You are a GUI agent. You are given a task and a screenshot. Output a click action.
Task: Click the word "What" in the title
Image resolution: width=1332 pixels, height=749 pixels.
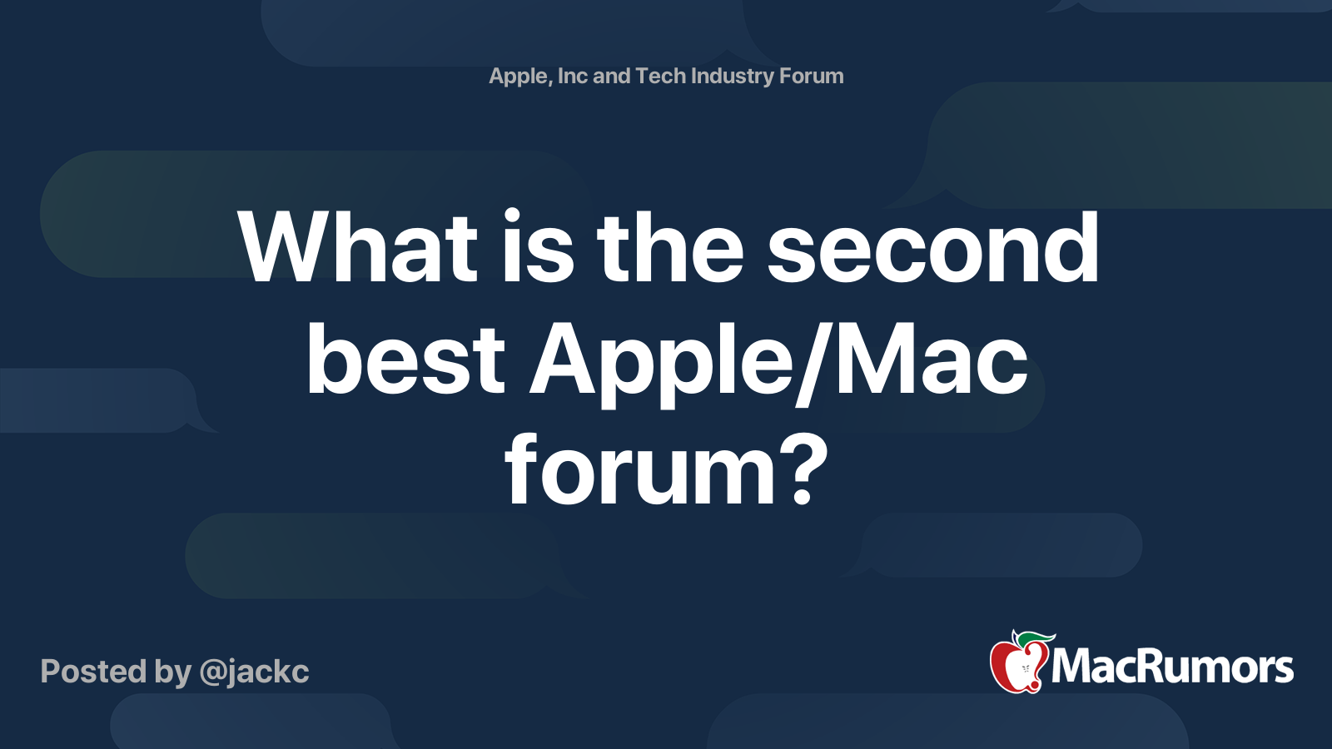(x=358, y=247)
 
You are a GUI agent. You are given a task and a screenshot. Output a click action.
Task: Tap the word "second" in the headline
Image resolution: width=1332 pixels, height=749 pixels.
(x=932, y=247)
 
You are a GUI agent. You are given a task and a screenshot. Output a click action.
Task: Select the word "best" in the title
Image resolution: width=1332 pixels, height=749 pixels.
(x=405, y=360)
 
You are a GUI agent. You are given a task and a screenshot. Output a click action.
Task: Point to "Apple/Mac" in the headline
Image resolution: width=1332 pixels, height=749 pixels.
(x=778, y=360)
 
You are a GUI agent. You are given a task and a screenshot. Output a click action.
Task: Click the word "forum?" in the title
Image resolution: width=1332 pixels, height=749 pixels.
(x=666, y=471)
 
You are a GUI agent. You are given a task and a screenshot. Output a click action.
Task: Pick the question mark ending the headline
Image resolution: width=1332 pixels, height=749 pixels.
(x=803, y=471)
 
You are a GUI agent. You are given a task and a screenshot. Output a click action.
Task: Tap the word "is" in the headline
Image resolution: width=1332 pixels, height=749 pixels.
(x=537, y=247)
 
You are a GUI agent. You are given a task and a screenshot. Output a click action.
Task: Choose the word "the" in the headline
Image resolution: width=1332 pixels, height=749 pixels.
(x=669, y=247)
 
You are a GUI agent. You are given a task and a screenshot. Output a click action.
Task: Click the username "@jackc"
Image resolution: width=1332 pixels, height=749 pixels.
(x=254, y=672)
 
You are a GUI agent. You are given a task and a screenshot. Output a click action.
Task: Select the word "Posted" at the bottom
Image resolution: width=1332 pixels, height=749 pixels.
(x=93, y=672)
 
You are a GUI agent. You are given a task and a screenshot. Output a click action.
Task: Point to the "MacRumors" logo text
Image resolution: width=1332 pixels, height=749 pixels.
(x=1172, y=667)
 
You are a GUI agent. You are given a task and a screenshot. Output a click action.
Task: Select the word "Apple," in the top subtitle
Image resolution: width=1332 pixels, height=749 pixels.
(x=519, y=77)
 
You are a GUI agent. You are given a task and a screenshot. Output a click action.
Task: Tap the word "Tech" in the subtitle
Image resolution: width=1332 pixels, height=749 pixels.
(x=660, y=76)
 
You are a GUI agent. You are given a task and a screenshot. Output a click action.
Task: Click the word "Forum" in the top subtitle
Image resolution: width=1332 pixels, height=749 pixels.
(x=811, y=76)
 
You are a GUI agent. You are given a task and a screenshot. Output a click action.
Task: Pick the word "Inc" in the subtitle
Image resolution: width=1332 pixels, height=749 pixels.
(x=573, y=76)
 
